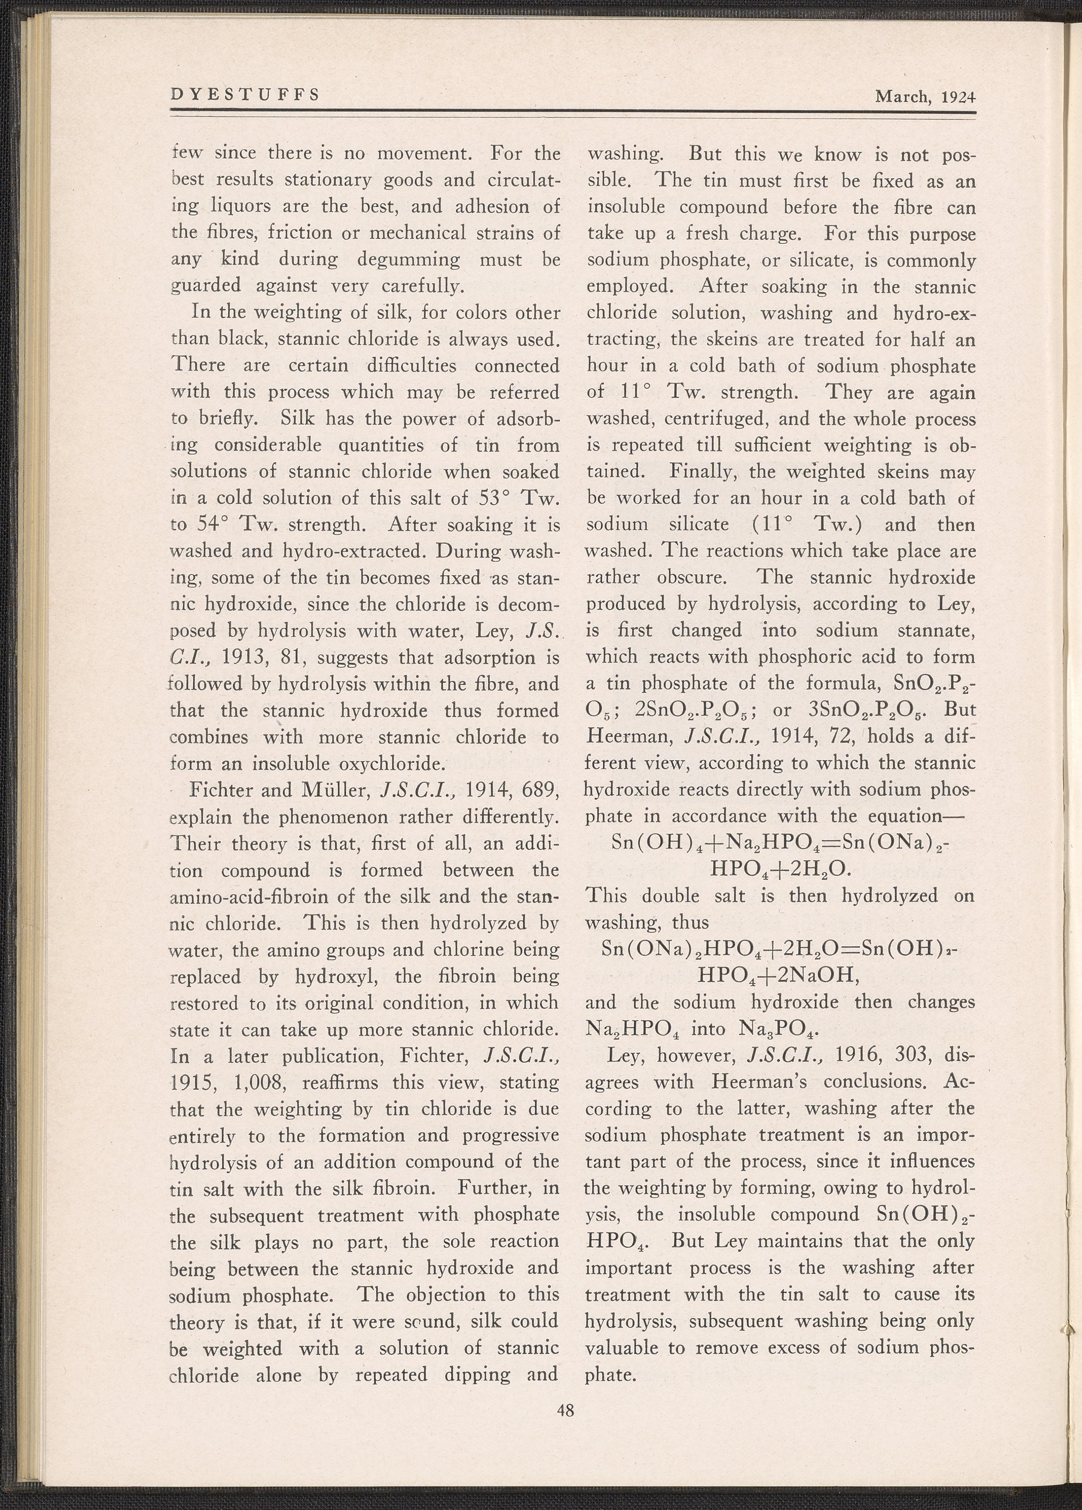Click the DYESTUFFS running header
pos(245,95)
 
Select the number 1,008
pos(260,1082)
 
